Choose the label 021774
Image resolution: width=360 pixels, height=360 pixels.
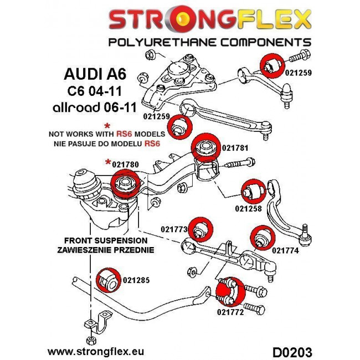point(284,250)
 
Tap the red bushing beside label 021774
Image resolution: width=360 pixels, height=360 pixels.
point(260,237)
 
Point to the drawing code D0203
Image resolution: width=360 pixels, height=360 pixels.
point(292,352)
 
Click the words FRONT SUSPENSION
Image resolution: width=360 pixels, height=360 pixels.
point(106,241)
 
